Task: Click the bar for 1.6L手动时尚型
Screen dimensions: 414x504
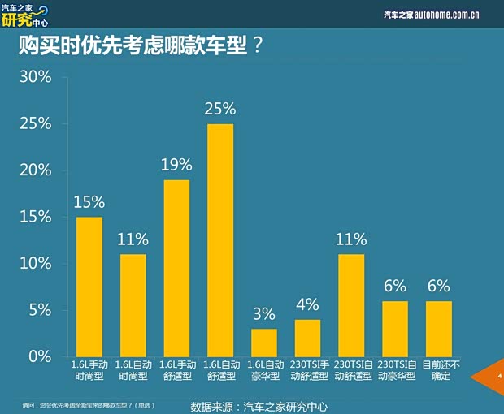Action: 89,287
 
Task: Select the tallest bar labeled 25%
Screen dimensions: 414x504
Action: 220,240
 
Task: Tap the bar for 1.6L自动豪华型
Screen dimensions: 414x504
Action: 264,343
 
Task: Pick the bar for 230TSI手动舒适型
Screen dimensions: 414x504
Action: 307,339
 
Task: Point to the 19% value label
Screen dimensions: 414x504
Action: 176,165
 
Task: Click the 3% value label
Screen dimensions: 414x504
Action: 264,314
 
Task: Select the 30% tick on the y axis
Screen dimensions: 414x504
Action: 35,77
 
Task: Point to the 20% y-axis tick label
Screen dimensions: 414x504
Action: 35,170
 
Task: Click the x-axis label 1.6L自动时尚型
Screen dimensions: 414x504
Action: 133,371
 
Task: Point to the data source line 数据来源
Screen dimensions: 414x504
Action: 259,405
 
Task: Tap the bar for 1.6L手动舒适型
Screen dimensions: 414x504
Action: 176,268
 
